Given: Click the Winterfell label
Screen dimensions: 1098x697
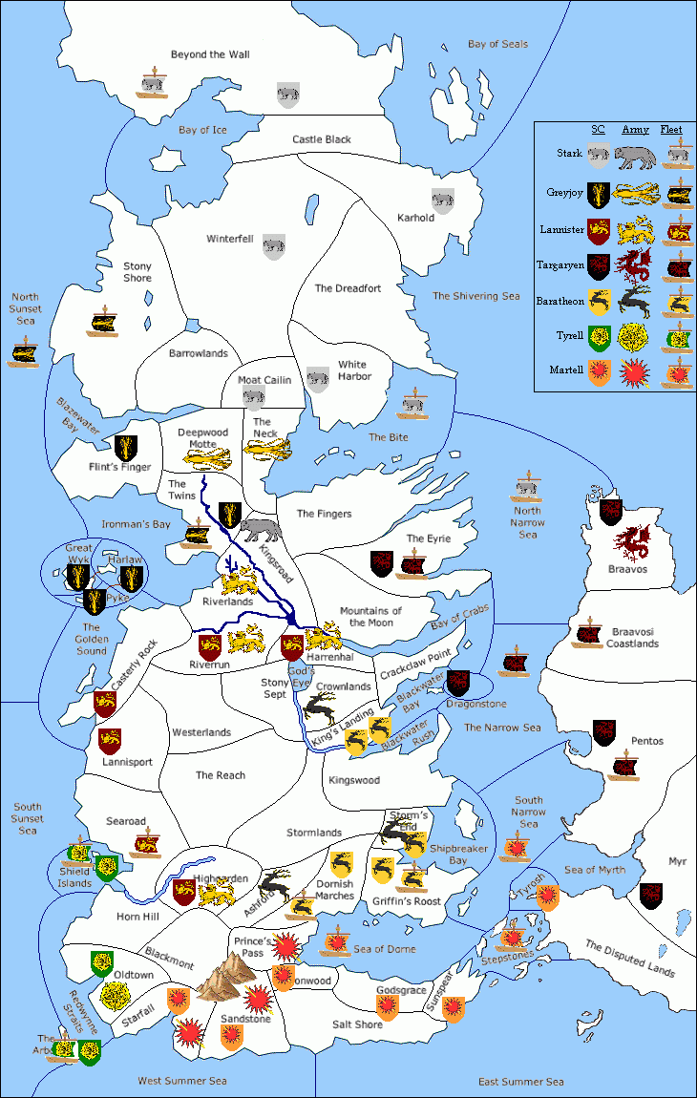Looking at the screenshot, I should (230, 239).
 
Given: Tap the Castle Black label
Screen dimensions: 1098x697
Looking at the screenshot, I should (322, 139).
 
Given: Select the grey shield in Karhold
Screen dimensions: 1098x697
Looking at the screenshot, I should (443, 200).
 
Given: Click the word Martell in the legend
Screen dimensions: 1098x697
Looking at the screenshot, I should (567, 370).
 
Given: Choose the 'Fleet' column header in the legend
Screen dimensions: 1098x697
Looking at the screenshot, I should (677, 130).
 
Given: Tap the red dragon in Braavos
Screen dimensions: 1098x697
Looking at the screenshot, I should (632, 544).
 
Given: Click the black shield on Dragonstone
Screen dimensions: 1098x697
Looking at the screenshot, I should (458, 682).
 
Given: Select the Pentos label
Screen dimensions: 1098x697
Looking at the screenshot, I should (646, 741).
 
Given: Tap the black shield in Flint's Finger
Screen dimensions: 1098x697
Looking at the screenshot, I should (126, 447).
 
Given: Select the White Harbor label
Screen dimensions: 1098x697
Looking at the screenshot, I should (353, 370).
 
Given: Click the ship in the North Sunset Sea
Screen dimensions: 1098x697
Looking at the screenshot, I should (23, 353).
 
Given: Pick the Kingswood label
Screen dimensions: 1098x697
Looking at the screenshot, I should (354, 780).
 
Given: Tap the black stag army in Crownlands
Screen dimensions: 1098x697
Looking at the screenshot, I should (320, 707).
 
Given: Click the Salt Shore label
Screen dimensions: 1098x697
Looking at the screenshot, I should (357, 1024).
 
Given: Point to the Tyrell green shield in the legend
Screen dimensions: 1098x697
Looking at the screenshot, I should (600, 336).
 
